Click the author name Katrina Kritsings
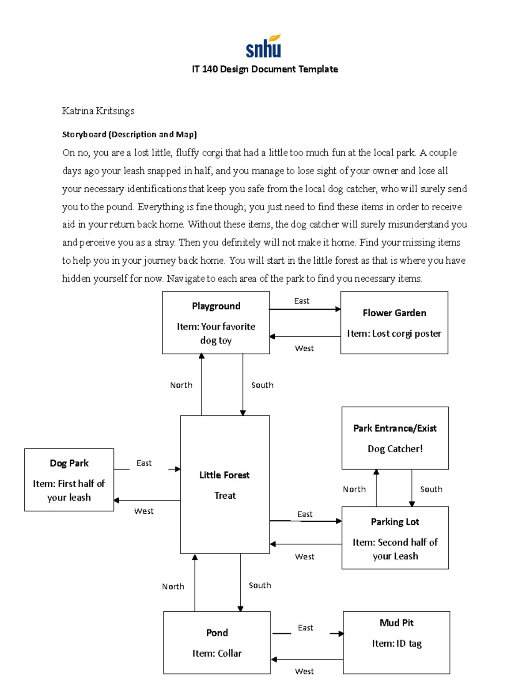(98, 111)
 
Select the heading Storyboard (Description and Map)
(129, 134)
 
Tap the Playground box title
(216, 306)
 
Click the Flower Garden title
(394, 313)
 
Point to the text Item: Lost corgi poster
(394, 334)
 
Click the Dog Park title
(69, 463)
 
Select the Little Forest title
(224, 475)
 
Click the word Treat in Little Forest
(225, 496)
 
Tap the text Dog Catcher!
(395, 449)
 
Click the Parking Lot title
(395, 522)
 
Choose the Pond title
(217, 633)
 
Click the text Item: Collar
(217, 653)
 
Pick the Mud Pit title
(397, 623)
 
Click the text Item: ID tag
(397, 644)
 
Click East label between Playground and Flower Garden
(302, 301)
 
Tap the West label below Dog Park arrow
(144, 511)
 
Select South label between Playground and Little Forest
(262, 385)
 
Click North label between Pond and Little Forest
(173, 587)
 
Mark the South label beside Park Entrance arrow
(431, 489)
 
